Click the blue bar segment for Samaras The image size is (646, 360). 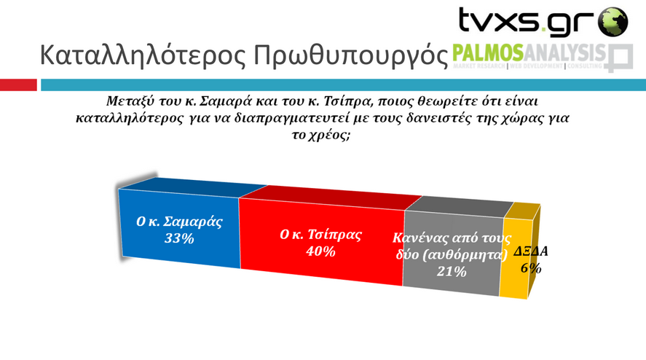pos(179,230)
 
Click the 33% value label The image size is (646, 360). pos(179,239)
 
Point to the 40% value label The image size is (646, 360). pos(320,251)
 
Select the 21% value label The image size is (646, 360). pos(452,272)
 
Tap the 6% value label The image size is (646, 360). pos(531,268)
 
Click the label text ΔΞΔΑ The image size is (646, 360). pos(531,251)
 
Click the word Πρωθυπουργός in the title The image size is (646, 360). pos(350,55)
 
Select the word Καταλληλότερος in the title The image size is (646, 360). pos(143,55)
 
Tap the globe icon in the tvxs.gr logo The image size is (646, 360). pos(613,21)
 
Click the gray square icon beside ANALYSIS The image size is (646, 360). pos(619,58)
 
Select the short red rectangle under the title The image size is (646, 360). pos(18,85)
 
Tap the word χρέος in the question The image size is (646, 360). pos(328,136)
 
